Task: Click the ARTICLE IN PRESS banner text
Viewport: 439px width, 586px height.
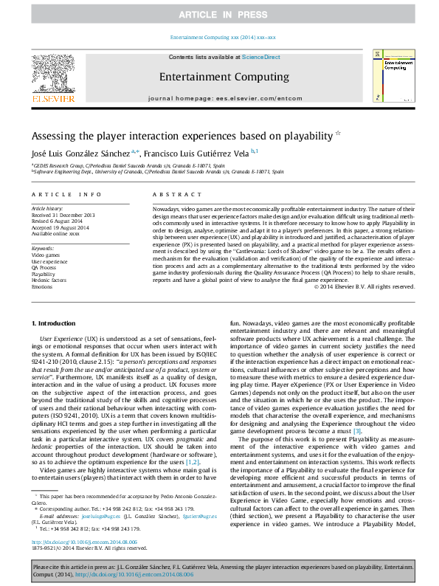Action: (x=219, y=15)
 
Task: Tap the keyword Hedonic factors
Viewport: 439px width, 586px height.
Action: (x=49, y=280)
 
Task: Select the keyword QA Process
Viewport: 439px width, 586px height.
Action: (x=44, y=268)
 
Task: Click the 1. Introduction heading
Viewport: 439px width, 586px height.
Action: (x=56, y=323)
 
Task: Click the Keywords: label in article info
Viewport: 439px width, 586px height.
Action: (x=44, y=249)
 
